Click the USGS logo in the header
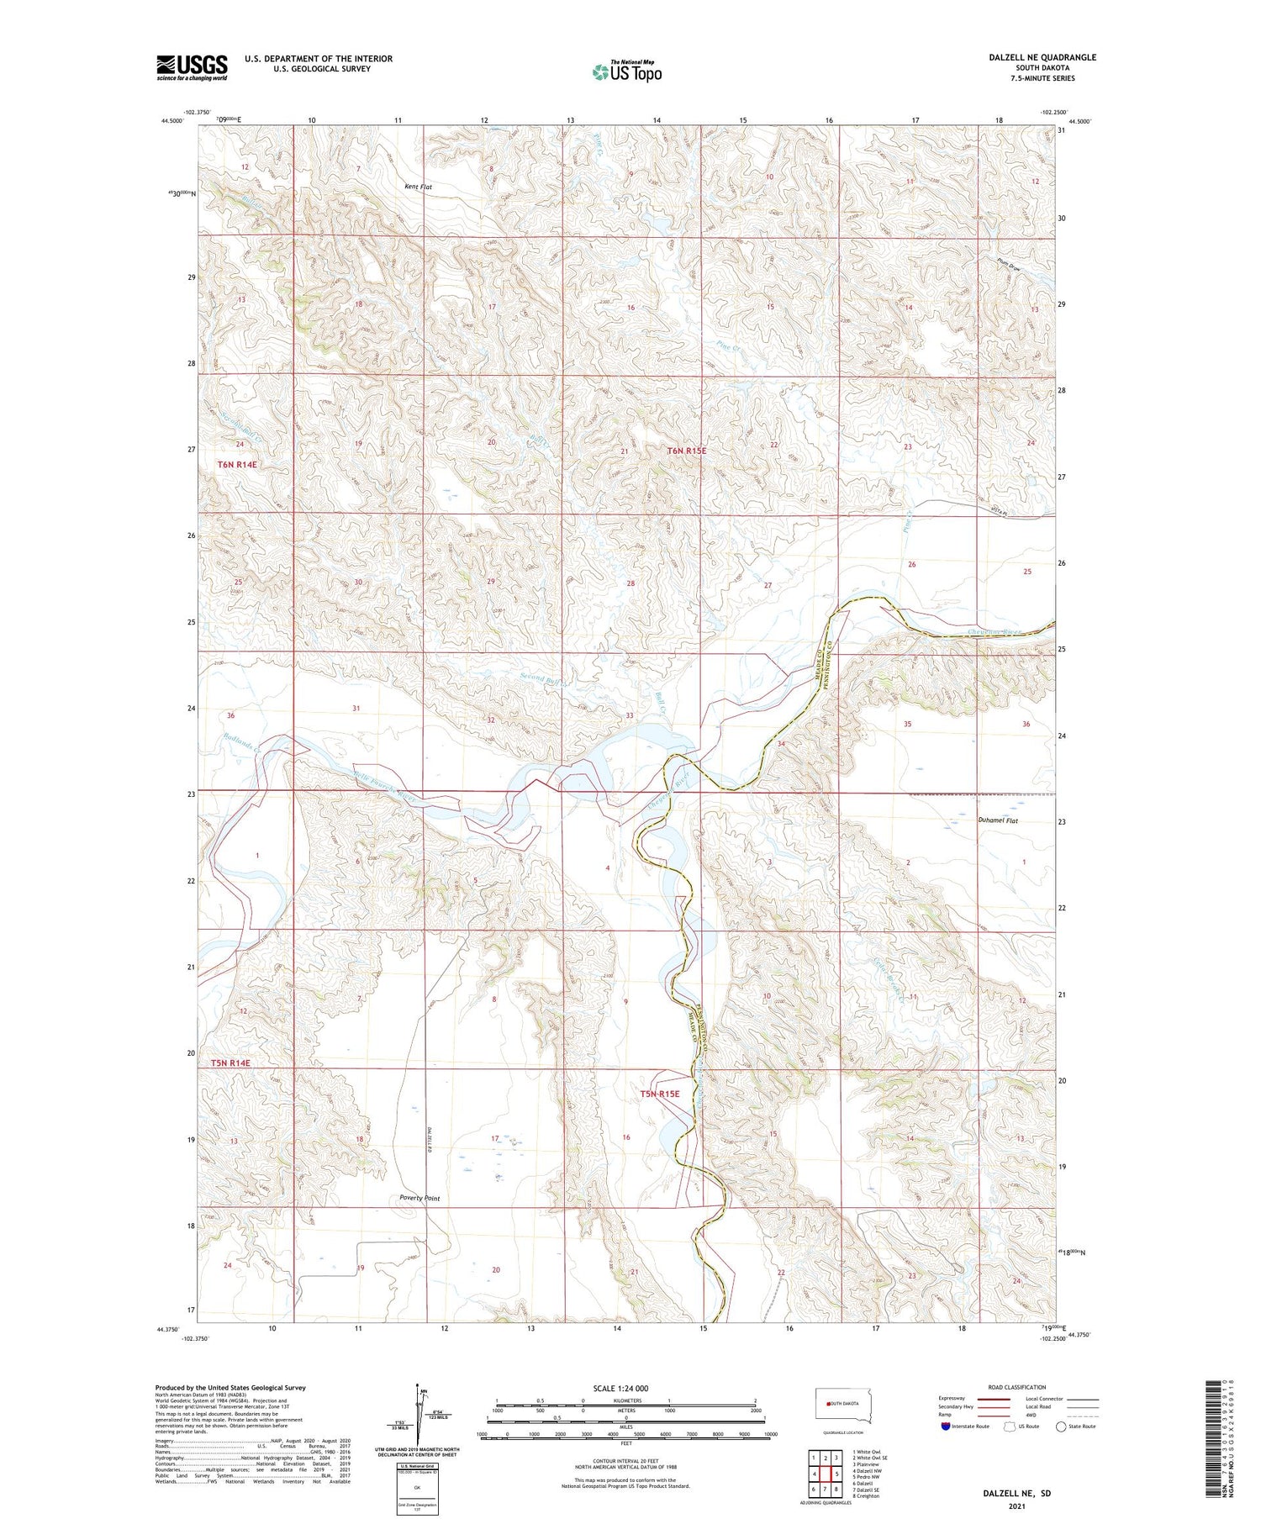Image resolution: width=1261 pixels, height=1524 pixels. coord(192,67)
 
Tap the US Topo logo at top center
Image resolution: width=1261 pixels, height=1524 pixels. coord(627,71)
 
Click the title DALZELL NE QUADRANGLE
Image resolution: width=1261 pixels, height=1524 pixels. coord(1042,57)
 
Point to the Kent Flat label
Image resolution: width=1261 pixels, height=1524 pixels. coord(418,187)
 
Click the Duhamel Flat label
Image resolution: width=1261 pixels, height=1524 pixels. coord(998,820)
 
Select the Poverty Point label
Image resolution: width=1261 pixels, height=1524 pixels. coord(419,1198)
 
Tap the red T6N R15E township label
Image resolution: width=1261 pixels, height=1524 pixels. coord(687,451)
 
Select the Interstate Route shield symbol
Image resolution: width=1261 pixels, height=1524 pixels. coord(946,1426)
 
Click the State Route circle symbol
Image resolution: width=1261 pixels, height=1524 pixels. coord(1061,1426)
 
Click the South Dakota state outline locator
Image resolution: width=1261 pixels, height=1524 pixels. coord(844,1405)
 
